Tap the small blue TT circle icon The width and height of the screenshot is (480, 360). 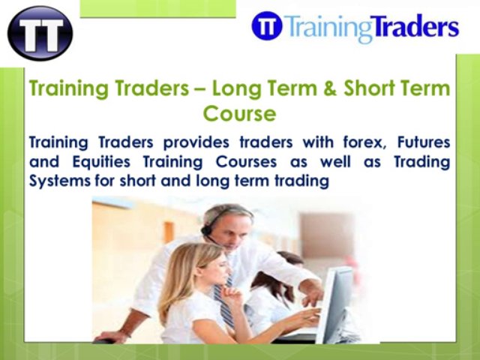[x=267, y=27]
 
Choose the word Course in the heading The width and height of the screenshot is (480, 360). [x=239, y=115]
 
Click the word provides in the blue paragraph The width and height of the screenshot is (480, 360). [x=199, y=142]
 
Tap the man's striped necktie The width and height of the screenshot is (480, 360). [x=222, y=300]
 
